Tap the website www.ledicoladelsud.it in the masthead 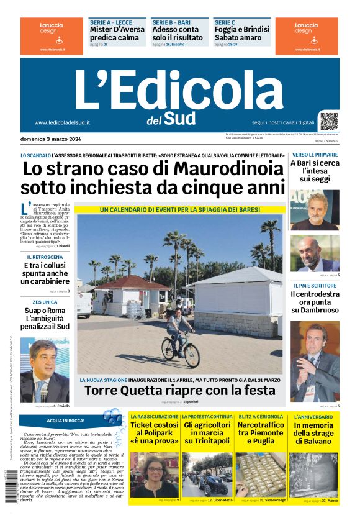coord(62,122)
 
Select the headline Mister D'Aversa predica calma coord(117,33)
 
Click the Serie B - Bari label coord(171,22)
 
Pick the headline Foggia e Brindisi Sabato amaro coord(241,33)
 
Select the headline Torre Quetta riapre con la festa coord(179,390)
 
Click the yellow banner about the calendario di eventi coord(180,210)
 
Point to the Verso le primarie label coord(314,154)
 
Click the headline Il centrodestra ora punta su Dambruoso coord(315,301)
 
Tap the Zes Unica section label coord(45,302)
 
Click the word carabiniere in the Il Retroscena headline coord(45,282)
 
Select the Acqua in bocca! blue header coord(70,420)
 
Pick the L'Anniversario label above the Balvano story coord(314,416)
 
